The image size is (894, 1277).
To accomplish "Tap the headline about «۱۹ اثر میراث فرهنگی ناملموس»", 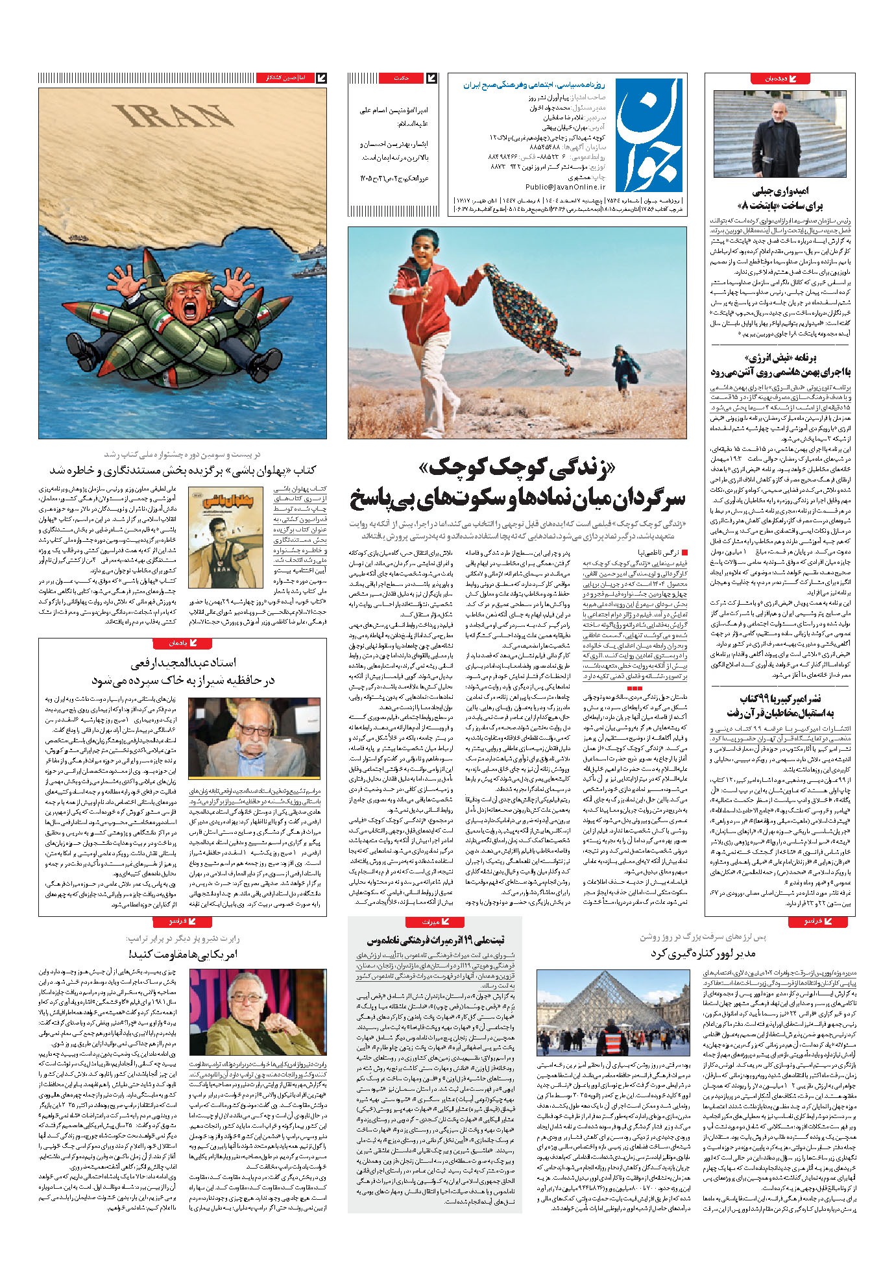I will tap(435, 939).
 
